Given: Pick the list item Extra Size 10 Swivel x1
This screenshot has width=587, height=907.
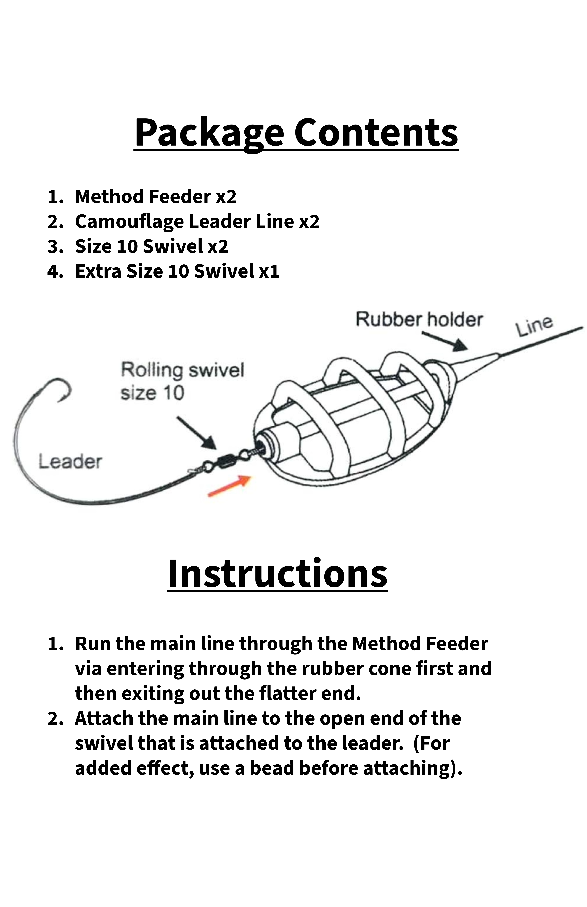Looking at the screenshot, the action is pos(177,271).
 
